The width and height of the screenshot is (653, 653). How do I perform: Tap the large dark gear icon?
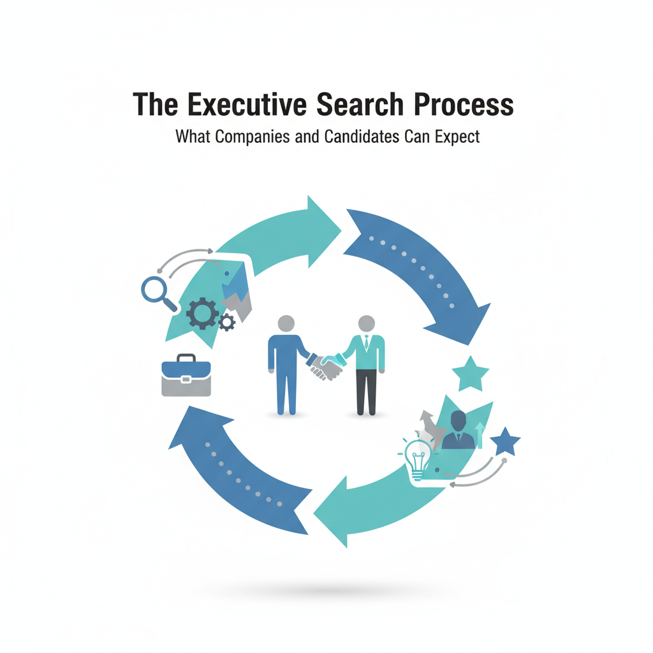(x=203, y=313)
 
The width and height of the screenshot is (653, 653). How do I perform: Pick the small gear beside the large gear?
(x=226, y=323)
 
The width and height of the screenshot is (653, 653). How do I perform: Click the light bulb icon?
(x=418, y=457)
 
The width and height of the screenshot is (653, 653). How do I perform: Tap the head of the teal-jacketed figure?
(x=366, y=323)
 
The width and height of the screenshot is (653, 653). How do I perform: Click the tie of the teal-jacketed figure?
(x=367, y=344)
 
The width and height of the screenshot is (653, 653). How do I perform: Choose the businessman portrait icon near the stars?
(x=458, y=431)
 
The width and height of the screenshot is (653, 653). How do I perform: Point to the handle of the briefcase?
(x=186, y=359)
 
